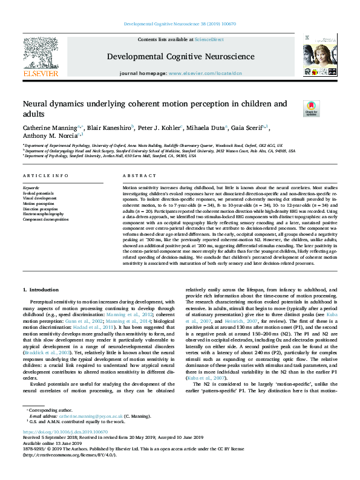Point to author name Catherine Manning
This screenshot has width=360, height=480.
pos(49,128)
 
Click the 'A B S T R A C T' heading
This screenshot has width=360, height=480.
pos(140,175)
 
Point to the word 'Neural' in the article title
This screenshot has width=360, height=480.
pos(35,105)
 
